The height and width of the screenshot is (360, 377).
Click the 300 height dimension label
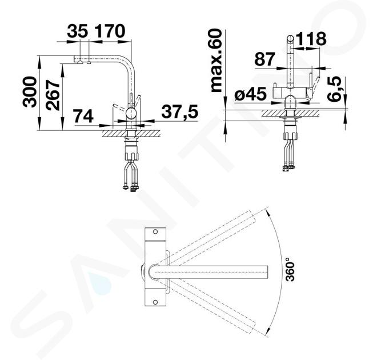(30, 92)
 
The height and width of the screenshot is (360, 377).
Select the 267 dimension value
(53, 95)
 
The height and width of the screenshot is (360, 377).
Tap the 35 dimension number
(78, 31)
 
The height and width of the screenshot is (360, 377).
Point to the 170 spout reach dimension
(110, 31)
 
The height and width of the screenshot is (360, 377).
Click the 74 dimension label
(83, 116)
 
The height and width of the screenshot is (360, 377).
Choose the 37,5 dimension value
(180, 111)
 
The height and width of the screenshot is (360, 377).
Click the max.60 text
(216, 61)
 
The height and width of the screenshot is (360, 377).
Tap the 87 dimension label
(264, 59)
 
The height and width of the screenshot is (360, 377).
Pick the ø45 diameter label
(250, 94)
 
